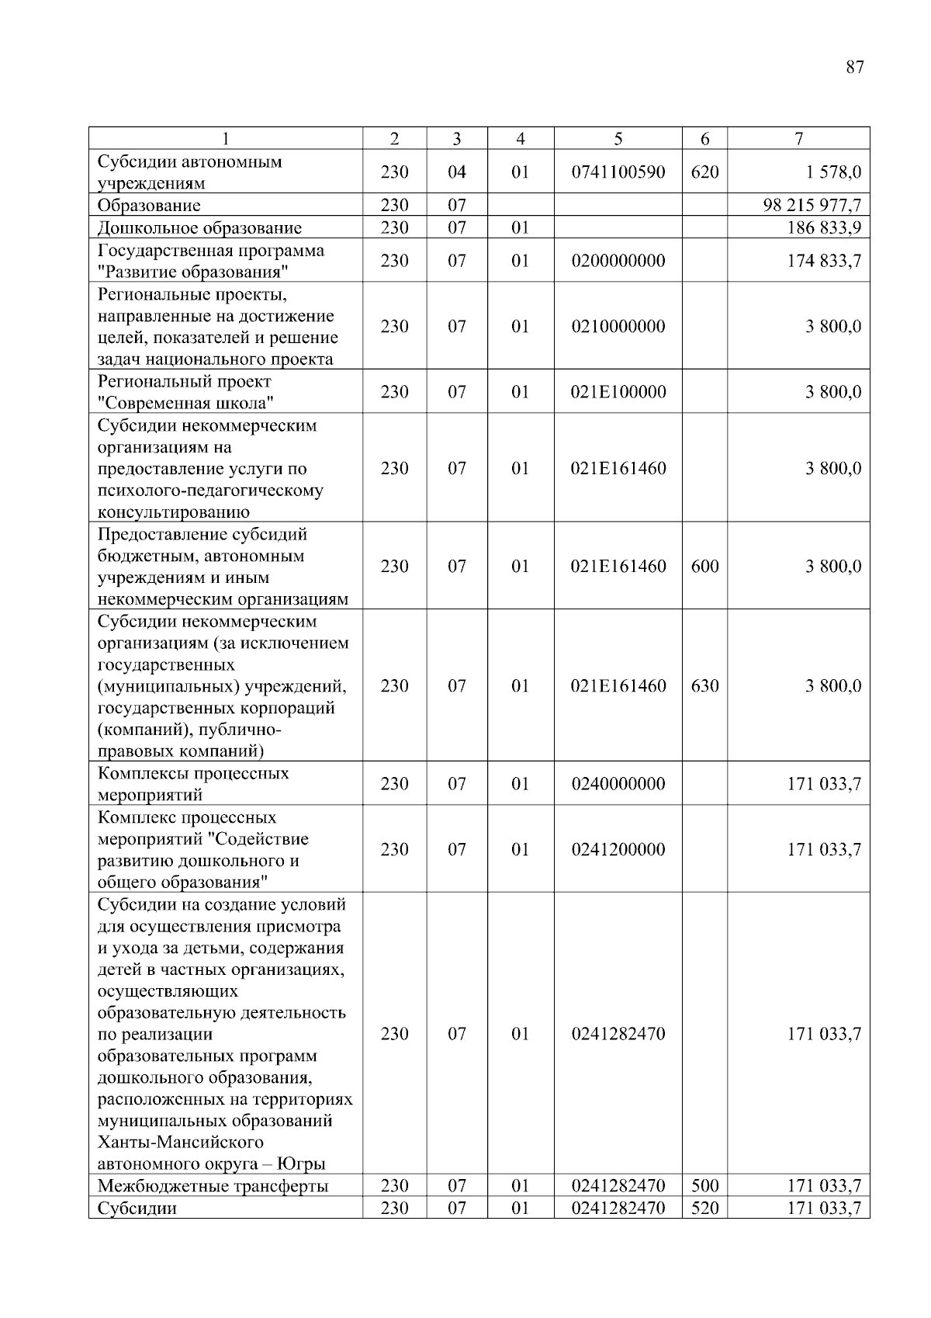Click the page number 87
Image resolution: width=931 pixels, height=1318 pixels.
point(854,68)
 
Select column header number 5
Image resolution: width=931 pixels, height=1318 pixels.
point(618,139)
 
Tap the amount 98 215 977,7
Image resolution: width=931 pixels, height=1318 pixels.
point(812,206)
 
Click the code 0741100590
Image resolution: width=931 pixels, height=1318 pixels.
point(618,172)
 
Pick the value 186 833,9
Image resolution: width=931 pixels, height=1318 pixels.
point(824,228)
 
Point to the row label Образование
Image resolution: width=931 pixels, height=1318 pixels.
point(149,206)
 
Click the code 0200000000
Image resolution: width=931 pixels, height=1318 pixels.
point(618,261)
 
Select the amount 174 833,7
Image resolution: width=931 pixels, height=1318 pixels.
point(824,261)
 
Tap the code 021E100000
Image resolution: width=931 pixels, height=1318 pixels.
point(618,392)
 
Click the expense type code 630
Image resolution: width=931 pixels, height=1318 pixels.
point(704,686)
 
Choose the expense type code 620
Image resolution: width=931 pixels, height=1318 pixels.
point(704,172)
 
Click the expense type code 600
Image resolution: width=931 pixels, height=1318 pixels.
point(704,567)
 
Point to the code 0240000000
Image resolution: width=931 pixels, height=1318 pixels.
point(618,784)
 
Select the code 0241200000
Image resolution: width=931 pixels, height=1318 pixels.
point(618,850)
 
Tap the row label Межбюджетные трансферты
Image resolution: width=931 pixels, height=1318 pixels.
point(213,1186)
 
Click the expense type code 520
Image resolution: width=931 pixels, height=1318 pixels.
point(704,1209)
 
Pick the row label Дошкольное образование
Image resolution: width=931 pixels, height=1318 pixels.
point(199,228)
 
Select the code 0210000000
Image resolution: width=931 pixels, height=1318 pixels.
point(618,327)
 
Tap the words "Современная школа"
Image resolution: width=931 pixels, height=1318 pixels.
point(186,404)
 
